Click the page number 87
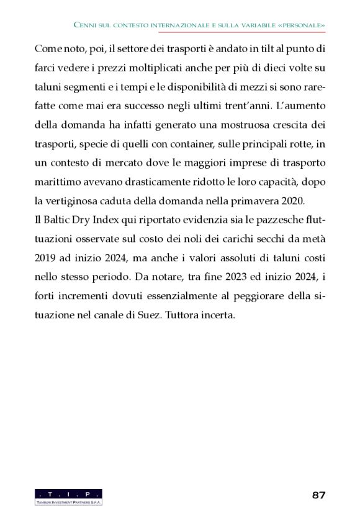point(318,495)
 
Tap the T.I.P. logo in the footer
point(69,496)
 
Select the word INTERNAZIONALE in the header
point(176,25)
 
